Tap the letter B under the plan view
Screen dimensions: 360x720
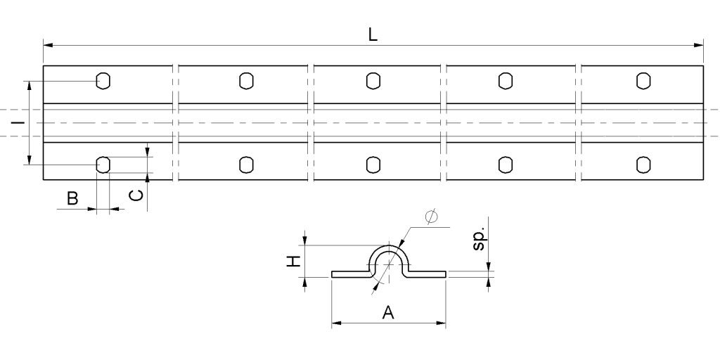click(x=72, y=199)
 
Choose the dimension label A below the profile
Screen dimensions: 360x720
click(x=387, y=312)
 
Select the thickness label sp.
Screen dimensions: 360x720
click(x=479, y=239)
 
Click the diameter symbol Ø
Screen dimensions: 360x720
click(x=431, y=217)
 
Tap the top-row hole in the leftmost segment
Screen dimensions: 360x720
click(x=103, y=81)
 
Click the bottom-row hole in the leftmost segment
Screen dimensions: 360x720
click(x=103, y=165)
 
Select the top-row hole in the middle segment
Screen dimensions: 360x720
click(x=373, y=81)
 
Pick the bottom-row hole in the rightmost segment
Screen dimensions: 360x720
click(x=643, y=165)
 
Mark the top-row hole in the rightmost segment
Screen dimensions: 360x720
click(x=643, y=81)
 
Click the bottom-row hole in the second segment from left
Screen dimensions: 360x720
click(x=245, y=165)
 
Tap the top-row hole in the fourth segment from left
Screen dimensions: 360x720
click(x=505, y=81)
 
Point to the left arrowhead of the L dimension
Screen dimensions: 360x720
click(x=47, y=46)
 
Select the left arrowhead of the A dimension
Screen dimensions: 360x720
click(x=335, y=323)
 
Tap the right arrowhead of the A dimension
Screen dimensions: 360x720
click(x=442, y=323)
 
